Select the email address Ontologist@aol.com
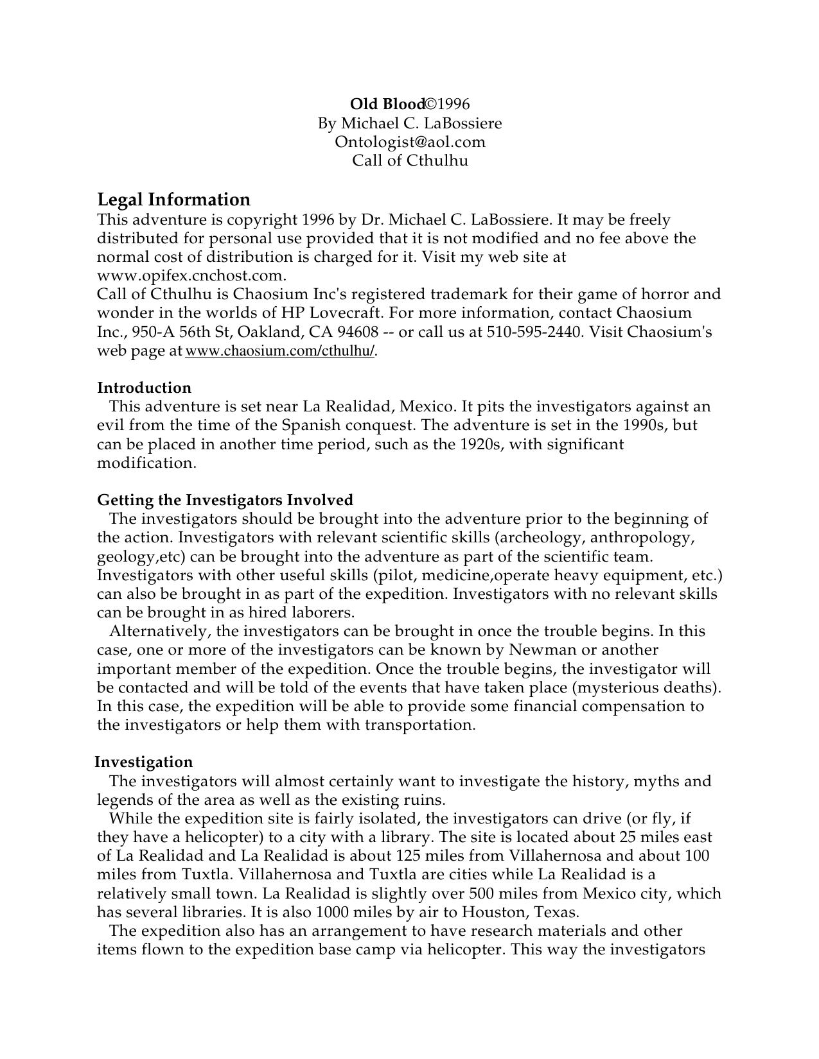pyautogui.click(x=410, y=142)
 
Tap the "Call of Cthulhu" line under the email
pyautogui.click(x=410, y=160)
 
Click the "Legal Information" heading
pyautogui.click(x=173, y=200)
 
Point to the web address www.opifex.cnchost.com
pyautogui.click(x=191, y=276)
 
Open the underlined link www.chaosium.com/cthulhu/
pyautogui.click(x=279, y=352)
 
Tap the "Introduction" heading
pyautogui.click(x=144, y=388)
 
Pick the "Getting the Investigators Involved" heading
pyautogui.click(x=225, y=500)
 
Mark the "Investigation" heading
pyautogui.click(x=144, y=762)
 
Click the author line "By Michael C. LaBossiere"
pyautogui.click(x=410, y=123)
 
